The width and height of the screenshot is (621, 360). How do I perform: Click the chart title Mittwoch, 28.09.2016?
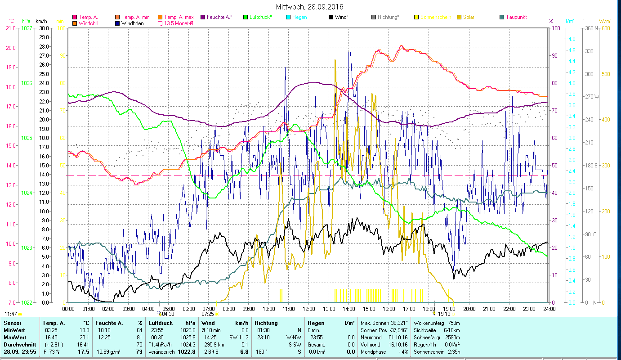(310, 7)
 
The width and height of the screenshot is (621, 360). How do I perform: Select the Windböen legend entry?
(132, 23)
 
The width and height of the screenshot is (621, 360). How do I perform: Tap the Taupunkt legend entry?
(516, 17)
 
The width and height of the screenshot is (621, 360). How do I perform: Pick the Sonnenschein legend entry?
(435, 17)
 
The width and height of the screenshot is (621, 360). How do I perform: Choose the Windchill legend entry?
(90, 23)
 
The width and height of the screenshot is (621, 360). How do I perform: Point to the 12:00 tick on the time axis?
(309, 309)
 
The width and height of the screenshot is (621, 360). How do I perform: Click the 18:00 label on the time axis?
(429, 309)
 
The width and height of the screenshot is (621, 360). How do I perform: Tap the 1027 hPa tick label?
(27, 28)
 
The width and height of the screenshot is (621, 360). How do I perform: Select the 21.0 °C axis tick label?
(10, 28)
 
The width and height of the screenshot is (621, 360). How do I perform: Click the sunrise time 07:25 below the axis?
(207, 314)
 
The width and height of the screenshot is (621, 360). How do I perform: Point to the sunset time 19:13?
(444, 314)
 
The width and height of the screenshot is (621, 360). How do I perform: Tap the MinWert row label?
(14, 330)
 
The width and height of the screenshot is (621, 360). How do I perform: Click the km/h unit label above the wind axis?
(41, 21)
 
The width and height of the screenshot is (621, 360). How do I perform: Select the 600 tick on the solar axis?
(605, 28)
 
